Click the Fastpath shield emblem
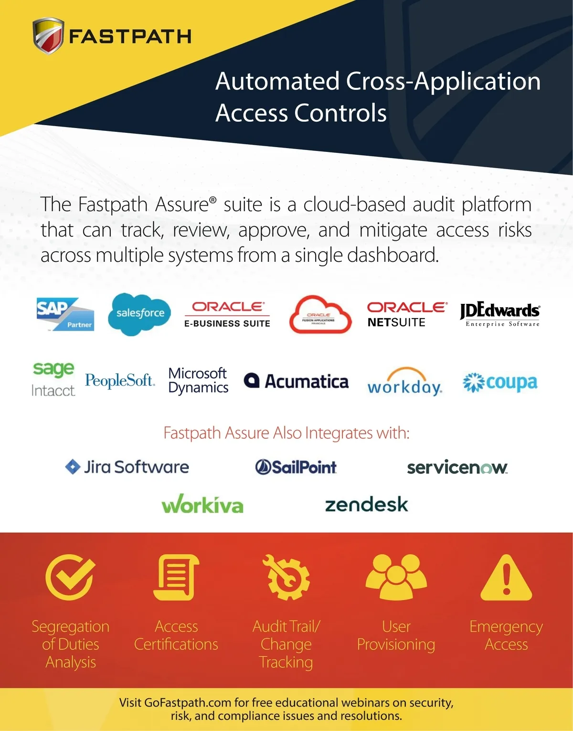[48, 36]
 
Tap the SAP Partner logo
[65, 314]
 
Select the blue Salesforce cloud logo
[139, 314]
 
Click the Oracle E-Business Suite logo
[227, 314]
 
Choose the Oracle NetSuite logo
[407, 314]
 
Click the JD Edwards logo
[500, 313]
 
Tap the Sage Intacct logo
[53, 379]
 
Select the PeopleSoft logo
[120, 380]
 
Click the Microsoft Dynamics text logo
[198, 380]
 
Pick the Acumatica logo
[296, 381]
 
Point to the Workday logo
[404, 382]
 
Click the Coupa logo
[500, 383]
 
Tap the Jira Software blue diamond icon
[73, 467]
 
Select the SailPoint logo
[296, 467]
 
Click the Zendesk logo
[366, 505]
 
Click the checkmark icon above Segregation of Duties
[70, 577]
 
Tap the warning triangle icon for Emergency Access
[506, 578]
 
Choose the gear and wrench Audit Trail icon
[286, 577]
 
